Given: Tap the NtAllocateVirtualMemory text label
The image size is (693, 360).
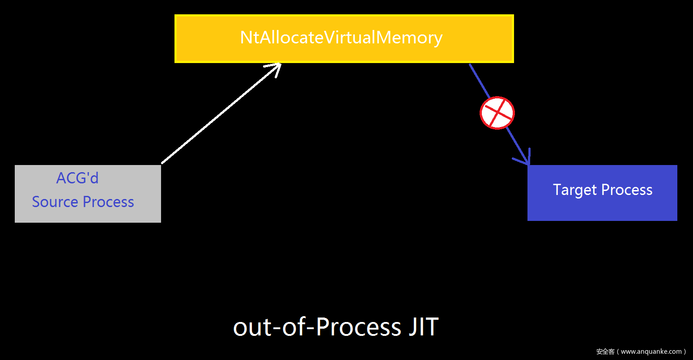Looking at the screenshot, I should (x=341, y=38).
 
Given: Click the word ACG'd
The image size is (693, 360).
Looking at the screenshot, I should (x=77, y=178).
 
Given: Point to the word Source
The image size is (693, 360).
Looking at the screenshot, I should (x=55, y=202).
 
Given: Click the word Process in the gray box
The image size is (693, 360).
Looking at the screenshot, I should (x=108, y=202).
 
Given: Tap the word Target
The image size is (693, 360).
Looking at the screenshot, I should (x=575, y=190).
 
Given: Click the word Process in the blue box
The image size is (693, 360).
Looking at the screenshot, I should (x=627, y=190).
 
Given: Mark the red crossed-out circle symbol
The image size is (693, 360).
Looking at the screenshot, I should (x=497, y=113).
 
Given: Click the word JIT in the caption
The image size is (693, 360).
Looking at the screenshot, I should (x=423, y=327).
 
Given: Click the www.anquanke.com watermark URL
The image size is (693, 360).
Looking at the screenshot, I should (x=651, y=352).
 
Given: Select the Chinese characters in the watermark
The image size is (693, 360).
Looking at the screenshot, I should (x=605, y=352).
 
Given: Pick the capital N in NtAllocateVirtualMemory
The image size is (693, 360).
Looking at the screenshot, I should (x=247, y=38).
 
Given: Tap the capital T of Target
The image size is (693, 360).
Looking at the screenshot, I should (x=557, y=190).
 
